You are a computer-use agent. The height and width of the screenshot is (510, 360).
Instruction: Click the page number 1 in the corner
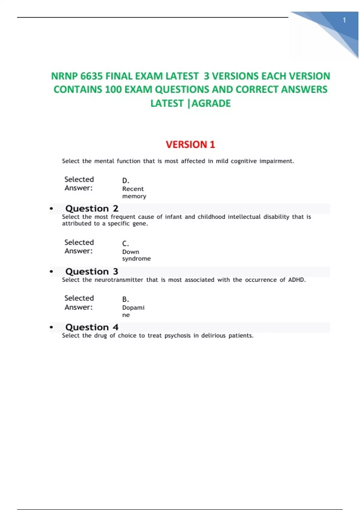(344, 20)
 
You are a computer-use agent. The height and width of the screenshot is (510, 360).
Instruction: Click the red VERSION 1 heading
(190, 145)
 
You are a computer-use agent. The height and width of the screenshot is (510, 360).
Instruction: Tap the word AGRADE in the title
(211, 103)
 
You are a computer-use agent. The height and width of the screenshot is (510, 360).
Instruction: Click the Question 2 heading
(92, 208)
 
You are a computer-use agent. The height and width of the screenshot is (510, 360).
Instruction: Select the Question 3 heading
(92, 271)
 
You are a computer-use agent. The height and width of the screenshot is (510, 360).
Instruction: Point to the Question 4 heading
(92, 327)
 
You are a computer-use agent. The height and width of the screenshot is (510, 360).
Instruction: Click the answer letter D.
(125, 181)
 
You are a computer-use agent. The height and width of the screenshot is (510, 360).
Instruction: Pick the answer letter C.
(125, 244)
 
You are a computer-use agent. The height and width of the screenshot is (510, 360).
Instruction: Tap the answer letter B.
(125, 299)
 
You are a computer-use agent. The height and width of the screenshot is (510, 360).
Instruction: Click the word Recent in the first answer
(133, 189)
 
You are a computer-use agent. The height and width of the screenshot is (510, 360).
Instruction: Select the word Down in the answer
(130, 252)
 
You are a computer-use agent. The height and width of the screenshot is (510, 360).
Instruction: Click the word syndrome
(136, 259)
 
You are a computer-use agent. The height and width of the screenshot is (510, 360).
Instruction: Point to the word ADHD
(297, 280)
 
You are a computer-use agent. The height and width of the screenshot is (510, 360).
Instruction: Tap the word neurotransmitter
(119, 280)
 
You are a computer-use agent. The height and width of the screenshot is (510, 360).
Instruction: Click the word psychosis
(177, 336)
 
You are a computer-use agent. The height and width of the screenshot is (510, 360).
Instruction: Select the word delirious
(213, 336)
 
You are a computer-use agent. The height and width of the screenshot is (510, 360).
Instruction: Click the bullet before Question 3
(51, 272)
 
